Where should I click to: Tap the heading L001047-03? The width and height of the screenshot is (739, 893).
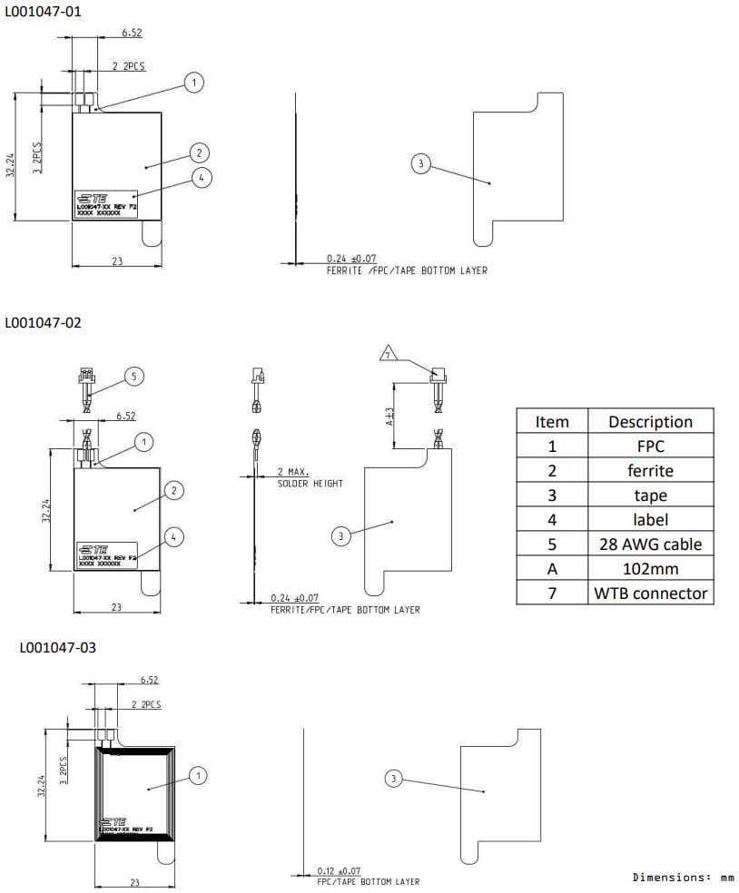click(57, 647)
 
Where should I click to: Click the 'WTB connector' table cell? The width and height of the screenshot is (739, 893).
click(650, 594)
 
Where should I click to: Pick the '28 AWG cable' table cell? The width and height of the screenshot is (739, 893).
click(650, 545)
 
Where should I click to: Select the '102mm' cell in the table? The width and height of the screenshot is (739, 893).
click(650, 569)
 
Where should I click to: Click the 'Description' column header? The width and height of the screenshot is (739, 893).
click(650, 421)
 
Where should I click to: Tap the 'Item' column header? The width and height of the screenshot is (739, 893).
click(552, 421)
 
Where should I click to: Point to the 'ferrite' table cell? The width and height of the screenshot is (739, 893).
click(650, 470)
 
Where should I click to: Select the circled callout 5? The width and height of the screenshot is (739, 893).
click(133, 376)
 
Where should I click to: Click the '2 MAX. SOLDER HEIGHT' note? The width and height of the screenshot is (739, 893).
click(310, 478)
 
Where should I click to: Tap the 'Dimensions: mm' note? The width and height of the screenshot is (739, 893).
click(683, 878)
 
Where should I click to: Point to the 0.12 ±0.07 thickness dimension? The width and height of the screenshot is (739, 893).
click(338, 871)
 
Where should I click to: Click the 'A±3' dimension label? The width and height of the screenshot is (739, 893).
click(389, 417)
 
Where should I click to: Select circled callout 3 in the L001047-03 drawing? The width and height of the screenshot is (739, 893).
click(393, 779)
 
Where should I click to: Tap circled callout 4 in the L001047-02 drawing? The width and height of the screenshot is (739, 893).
click(175, 536)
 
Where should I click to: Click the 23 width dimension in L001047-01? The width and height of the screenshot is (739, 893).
click(117, 260)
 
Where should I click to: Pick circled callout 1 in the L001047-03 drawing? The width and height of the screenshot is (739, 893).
click(199, 775)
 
